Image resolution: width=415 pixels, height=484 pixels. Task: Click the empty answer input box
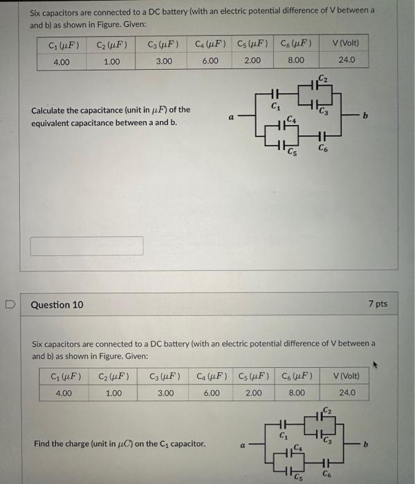(x=87, y=245)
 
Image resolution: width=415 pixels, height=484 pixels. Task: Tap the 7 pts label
(x=378, y=304)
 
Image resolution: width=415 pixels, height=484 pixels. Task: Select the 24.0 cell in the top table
(x=347, y=61)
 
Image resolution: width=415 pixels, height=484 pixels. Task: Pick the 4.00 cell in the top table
(x=61, y=62)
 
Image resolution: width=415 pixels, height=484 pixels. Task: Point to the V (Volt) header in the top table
(x=347, y=44)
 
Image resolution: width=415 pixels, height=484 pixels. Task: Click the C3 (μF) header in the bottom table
(x=165, y=377)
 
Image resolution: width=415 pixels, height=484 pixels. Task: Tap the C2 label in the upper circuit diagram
(x=323, y=77)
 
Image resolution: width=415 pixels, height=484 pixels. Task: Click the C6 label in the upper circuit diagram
(x=323, y=147)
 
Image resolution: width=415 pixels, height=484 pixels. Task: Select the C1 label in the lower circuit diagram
(x=283, y=436)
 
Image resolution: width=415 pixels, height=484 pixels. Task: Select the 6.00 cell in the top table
(x=210, y=61)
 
